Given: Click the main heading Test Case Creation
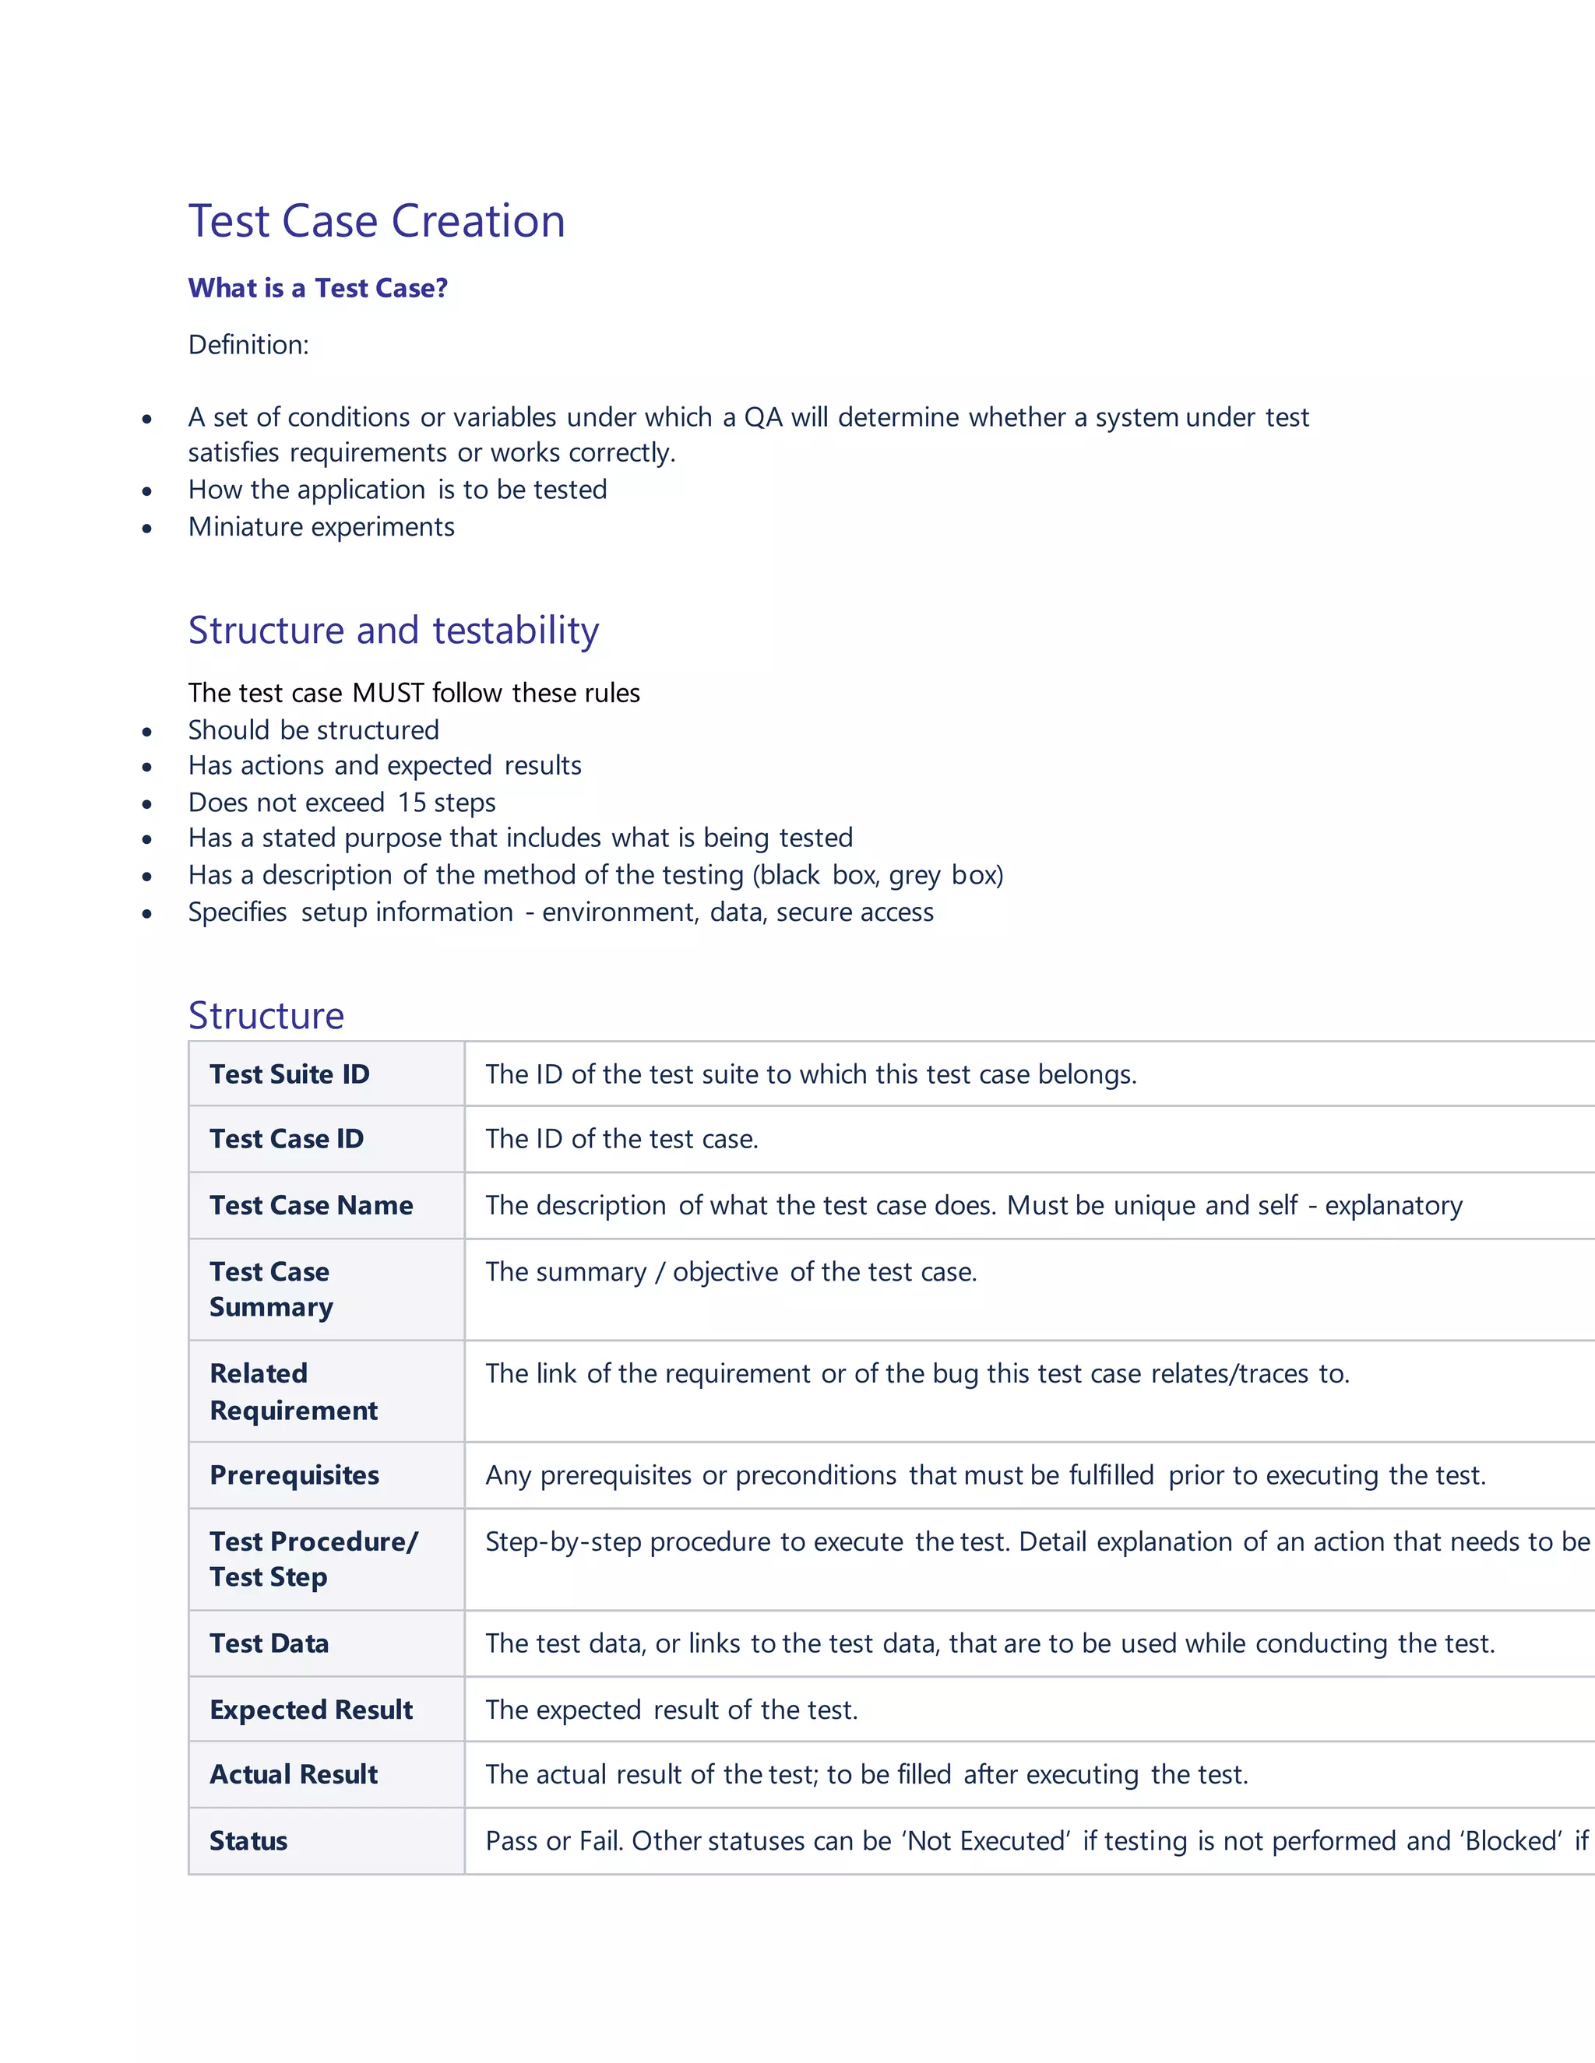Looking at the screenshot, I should tap(376, 221).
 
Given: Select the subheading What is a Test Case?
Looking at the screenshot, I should tap(318, 288).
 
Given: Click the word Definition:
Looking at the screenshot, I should tap(248, 345).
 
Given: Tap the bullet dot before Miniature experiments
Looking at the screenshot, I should tap(146, 528).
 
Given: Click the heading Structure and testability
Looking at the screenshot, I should tap(393, 630).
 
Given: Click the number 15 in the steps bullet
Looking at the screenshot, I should tap(412, 802).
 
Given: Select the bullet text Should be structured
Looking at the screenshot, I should tap(313, 729).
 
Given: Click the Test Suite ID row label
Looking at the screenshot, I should tap(289, 1074).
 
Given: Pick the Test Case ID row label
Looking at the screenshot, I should tap(287, 1139).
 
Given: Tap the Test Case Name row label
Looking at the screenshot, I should tap(311, 1205).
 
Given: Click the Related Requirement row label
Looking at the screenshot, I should tap(293, 1391).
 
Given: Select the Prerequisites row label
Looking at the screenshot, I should tap(294, 1474).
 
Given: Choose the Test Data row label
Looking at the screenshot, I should tap(269, 1643).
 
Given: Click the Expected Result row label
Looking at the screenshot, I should tap(311, 1710).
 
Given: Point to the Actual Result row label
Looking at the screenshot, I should tap(293, 1775).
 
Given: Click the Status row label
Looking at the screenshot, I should tap(248, 1841).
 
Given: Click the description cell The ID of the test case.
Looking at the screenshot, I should tap(621, 1139).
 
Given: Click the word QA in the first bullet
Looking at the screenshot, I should tap(763, 416).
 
